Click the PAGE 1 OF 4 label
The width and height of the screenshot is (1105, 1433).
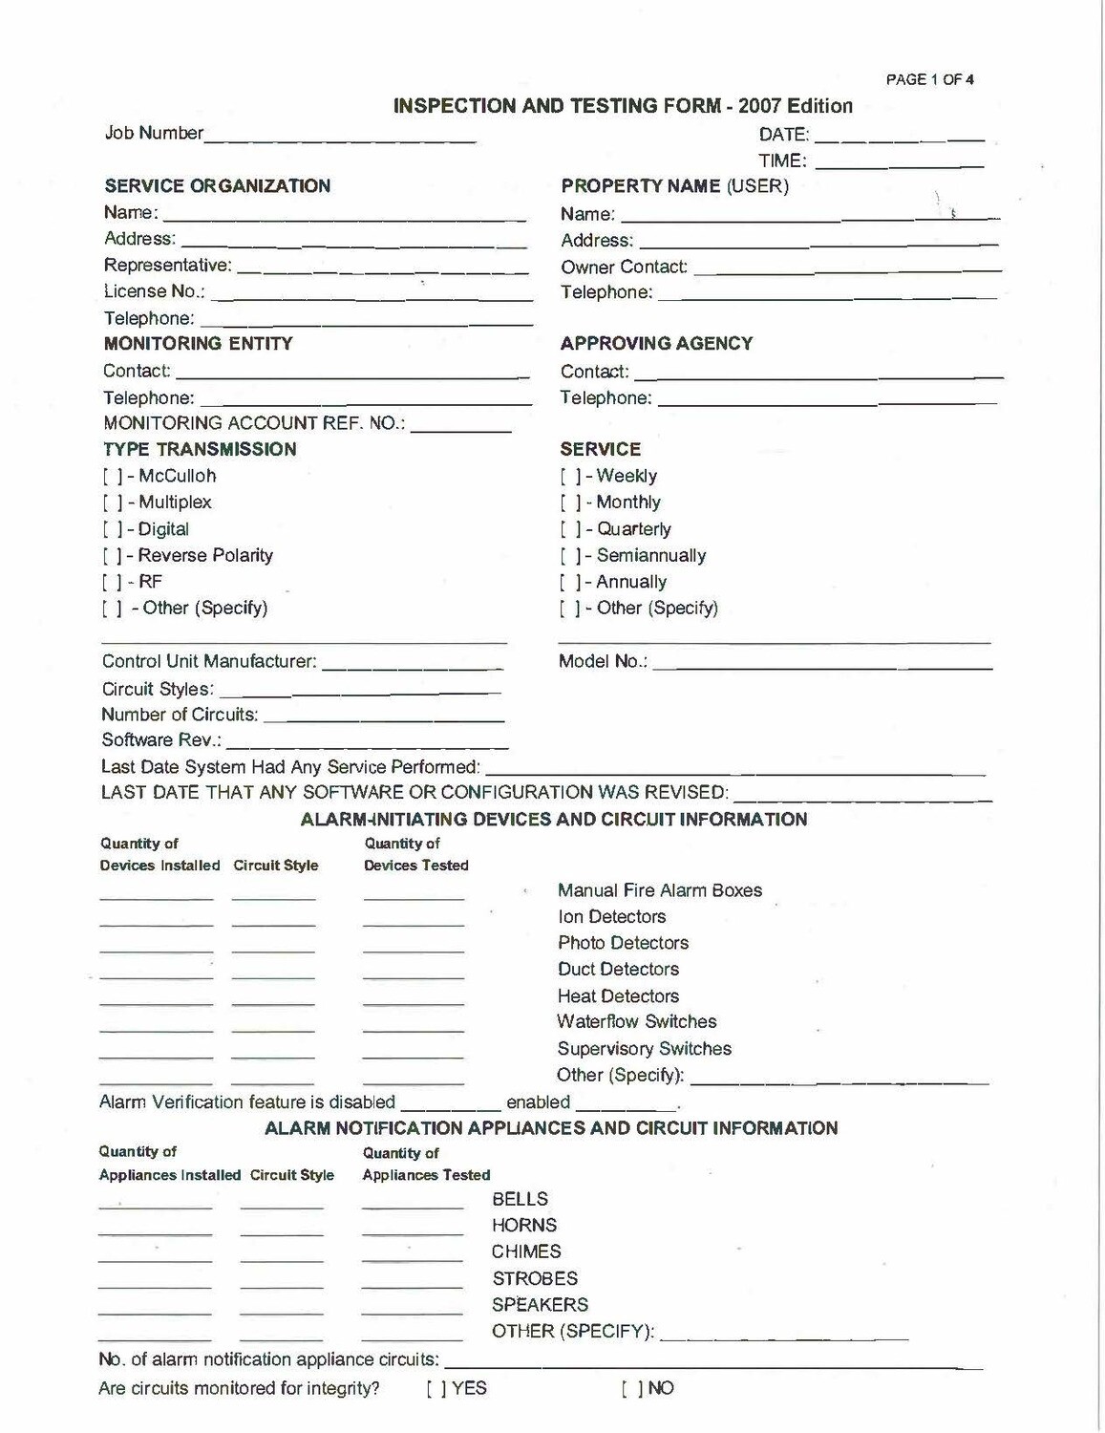929,80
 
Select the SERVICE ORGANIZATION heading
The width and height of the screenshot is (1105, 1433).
217,186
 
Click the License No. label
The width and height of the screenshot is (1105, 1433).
154,291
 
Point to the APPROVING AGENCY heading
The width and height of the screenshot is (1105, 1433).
656,343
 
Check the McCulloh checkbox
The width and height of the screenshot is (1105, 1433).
111,476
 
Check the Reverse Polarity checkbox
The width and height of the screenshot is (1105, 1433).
111,556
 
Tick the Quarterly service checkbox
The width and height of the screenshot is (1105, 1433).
570,529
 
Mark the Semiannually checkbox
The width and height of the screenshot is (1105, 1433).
570,556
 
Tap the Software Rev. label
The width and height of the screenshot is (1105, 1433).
161,740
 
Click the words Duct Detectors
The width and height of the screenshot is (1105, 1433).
618,970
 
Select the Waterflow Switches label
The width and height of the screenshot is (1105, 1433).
636,1022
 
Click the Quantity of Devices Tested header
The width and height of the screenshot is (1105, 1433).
415,855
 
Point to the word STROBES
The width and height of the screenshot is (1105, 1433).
534,1278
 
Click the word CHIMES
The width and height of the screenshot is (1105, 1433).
526,1251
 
